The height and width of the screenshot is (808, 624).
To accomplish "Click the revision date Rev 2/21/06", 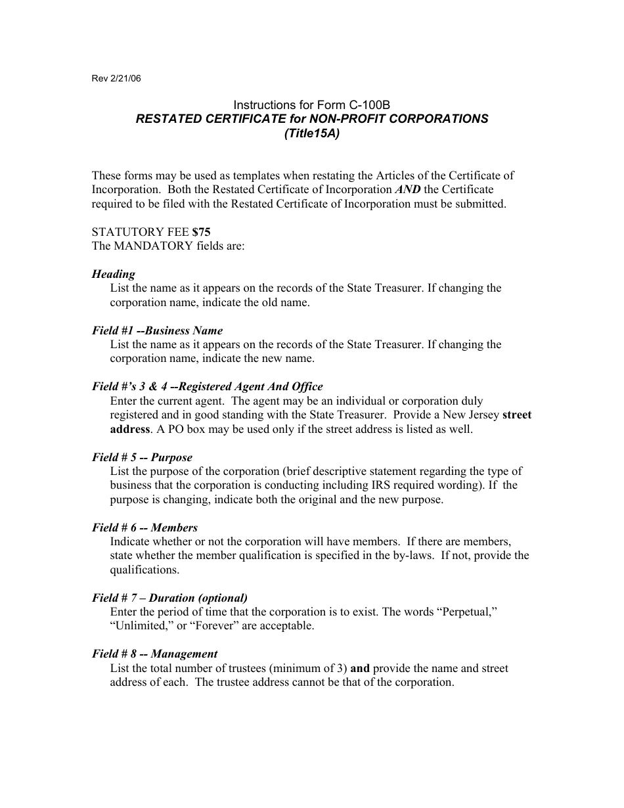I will (x=116, y=79).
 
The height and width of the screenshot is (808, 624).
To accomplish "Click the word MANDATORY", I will (x=143, y=246).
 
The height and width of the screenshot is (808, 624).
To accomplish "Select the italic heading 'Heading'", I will (x=114, y=274).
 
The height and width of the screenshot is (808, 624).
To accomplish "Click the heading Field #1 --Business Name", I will (x=158, y=330).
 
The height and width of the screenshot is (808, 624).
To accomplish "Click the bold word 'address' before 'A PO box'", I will (x=130, y=429).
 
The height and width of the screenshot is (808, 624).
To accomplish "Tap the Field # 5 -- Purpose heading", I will (x=142, y=457).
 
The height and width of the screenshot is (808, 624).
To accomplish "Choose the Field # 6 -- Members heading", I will (x=145, y=527).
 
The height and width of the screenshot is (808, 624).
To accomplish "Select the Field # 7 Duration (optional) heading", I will (x=169, y=598).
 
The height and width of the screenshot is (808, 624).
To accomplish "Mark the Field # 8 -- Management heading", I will (x=154, y=654).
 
